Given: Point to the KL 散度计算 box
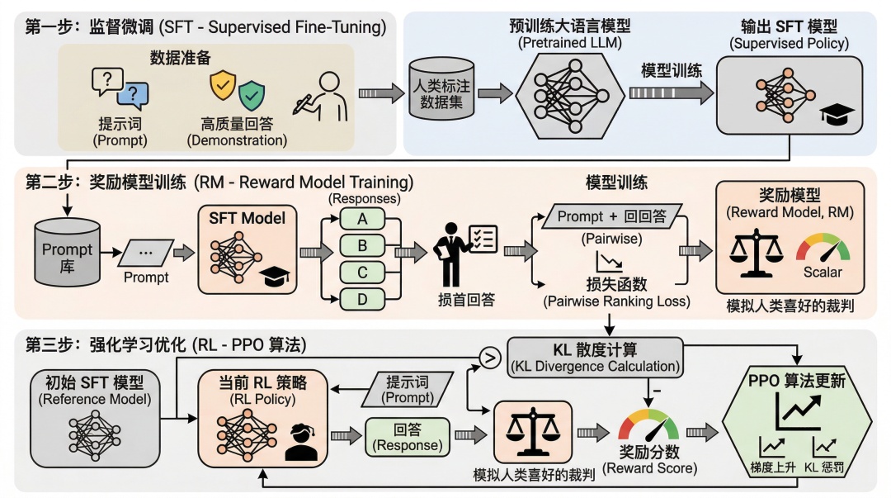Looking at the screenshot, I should (595, 353).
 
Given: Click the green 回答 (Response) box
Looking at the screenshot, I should (407, 437).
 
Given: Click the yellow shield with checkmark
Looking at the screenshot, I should (222, 83).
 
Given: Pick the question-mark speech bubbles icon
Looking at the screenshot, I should (117, 89).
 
